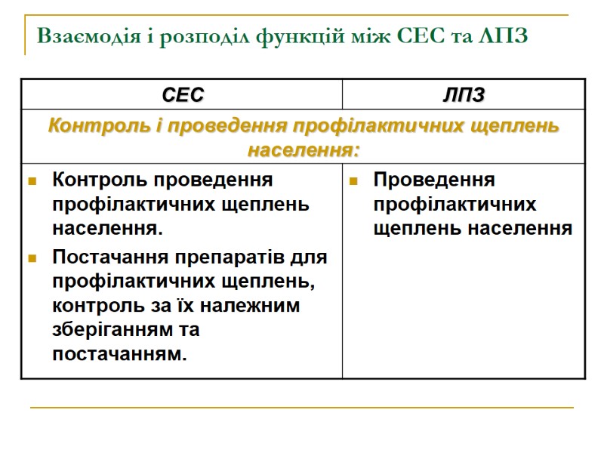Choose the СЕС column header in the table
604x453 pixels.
pos(182,95)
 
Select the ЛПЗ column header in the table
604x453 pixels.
pos(463,95)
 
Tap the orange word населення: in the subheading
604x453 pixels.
pos(302,149)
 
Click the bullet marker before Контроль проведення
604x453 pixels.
pos(32,181)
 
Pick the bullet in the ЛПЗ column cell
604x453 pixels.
pos(353,181)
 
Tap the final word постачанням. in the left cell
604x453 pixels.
pos(119,353)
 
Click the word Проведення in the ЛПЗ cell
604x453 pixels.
pos(434,180)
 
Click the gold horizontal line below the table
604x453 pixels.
pos(302,408)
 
